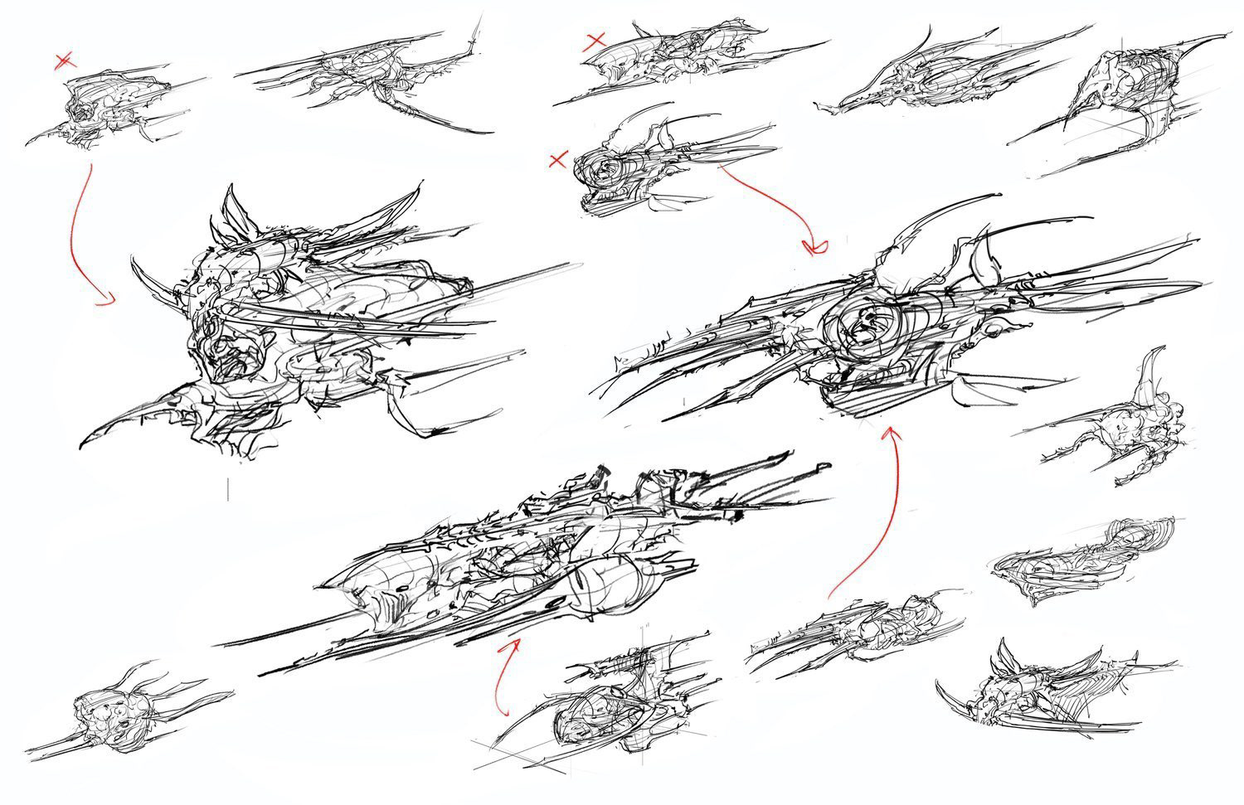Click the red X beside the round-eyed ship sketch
[557, 160]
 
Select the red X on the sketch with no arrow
[595, 40]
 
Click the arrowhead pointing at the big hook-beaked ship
[106, 303]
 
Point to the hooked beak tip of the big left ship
[83, 445]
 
